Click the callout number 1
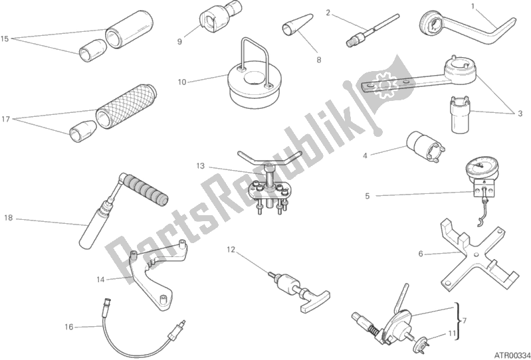point(473,6)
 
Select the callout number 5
point(367,196)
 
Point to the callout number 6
point(421,253)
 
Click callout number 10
point(181,82)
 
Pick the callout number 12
point(231,250)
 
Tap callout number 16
point(68,326)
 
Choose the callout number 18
point(8,217)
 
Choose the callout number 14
point(100,279)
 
